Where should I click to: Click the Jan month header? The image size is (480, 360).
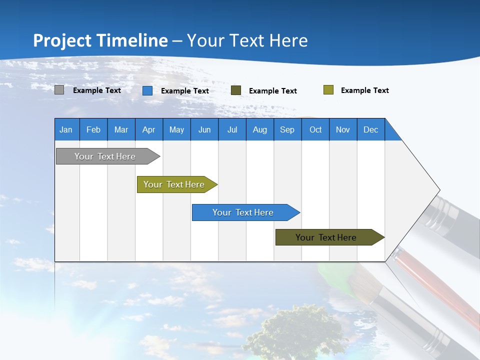coord(66,129)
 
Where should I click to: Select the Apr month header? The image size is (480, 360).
coord(149,129)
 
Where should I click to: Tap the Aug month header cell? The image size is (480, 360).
coord(259,129)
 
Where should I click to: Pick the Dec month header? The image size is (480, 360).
coord(370,129)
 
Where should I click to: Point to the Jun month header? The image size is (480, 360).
coord(204,129)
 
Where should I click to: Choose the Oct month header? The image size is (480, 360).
coord(315,129)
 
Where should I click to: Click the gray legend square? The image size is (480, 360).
coord(59,90)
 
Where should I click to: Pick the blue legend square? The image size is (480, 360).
coord(147,90)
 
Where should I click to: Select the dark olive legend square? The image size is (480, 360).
coord(236,90)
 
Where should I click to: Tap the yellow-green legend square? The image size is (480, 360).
coord(328,90)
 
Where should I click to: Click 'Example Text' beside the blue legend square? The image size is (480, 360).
coord(185,91)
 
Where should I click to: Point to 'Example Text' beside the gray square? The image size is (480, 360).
coord(97,90)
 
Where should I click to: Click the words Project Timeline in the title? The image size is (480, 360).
coord(100,40)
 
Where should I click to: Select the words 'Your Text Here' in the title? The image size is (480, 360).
coord(247,40)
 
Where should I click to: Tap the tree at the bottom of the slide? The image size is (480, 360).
coord(295,332)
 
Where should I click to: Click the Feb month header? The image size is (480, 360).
coord(93,129)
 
